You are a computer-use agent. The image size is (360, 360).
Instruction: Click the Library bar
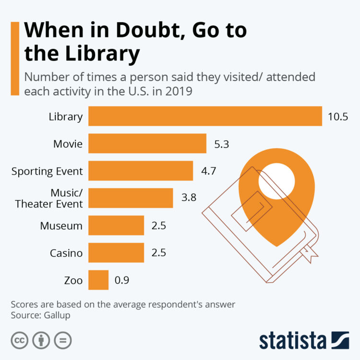pos(205,116)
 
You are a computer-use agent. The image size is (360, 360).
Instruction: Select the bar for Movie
pos(147,144)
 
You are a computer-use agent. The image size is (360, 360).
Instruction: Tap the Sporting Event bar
pos(141,171)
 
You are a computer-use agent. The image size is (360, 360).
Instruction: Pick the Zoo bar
pos(98,280)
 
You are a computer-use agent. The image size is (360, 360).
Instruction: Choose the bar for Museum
pos(116,225)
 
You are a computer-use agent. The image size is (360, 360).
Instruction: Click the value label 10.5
pos(337,117)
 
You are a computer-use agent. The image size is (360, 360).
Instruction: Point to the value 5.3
pos(222,144)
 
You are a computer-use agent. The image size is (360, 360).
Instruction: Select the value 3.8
pos(188,198)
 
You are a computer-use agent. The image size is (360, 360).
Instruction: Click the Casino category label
pos(66,252)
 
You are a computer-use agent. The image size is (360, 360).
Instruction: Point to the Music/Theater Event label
pos(49,198)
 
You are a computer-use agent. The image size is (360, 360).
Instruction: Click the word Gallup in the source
pos(58,315)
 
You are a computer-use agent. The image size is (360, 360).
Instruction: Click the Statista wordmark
pos(293,340)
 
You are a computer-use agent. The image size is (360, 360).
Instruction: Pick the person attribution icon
pos(41,340)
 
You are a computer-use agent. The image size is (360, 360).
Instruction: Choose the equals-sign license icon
pos(63,340)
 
